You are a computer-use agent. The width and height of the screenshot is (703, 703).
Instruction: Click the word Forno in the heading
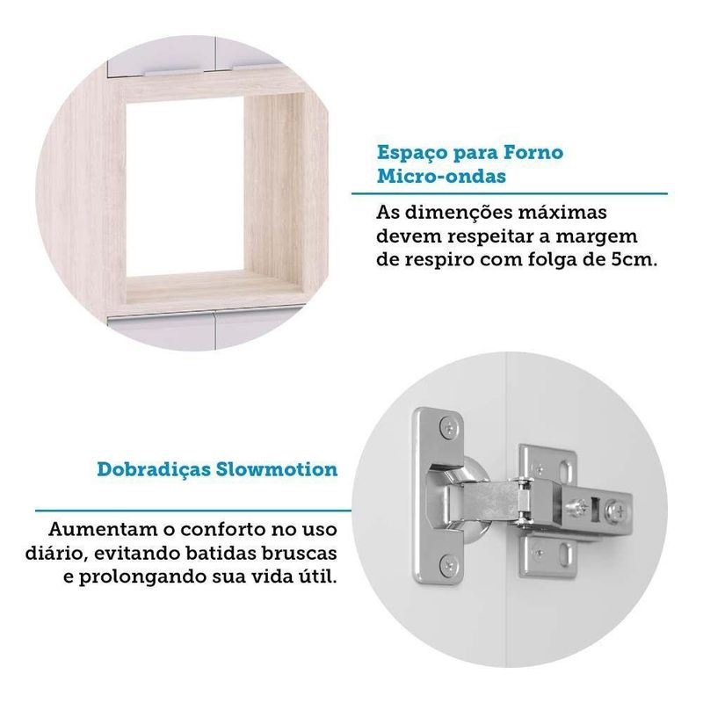click(533, 153)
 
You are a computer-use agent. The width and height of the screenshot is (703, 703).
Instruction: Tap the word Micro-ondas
click(441, 177)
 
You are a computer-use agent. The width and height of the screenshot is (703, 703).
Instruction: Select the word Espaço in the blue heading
click(412, 154)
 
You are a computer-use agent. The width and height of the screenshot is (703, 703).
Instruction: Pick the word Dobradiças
click(154, 470)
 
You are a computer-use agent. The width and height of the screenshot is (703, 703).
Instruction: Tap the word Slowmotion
click(277, 469)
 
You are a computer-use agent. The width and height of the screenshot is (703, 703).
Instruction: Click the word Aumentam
click(103, 529)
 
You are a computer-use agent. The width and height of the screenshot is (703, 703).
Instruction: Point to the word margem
click(597, 237)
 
